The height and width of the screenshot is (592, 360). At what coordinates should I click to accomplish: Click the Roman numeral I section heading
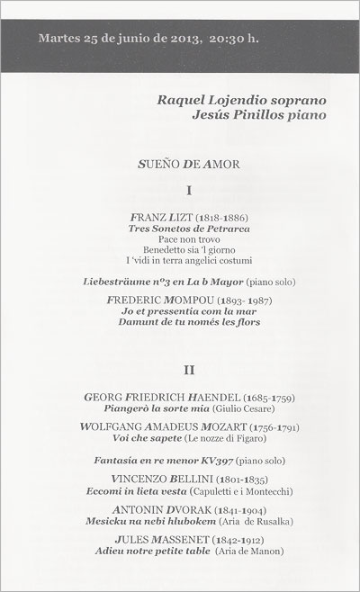tap(189, 190)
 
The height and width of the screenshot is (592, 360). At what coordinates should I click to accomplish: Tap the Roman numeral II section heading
tap(189, 370)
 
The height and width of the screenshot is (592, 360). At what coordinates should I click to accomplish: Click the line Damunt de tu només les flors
tap(189, 321)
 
